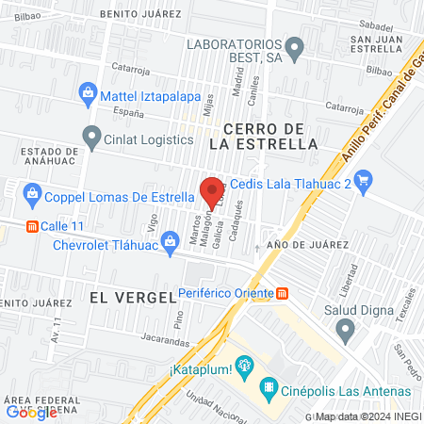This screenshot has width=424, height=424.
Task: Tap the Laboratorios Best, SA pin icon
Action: click(x=295, y=45)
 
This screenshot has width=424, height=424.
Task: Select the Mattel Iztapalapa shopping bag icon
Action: click(x=88, y=93)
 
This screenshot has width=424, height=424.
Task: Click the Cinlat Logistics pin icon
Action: click(x=91, y=139)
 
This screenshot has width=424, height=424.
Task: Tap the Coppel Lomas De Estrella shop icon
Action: click(x=33, y=197)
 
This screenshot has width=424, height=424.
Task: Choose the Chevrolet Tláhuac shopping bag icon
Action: click(x=170, y=241)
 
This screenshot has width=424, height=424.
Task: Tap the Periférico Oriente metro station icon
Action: click(x=282, y=293)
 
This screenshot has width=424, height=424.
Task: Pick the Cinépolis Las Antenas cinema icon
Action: click(x=269, y=387)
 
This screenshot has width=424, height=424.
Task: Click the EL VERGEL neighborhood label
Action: click(x=132, y=296)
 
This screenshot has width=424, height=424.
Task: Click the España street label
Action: click(x=126, y=112)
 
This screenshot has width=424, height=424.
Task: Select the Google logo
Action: click(x=31, y=412)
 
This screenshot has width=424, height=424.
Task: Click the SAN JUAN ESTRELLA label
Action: click(x=377, y=44)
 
